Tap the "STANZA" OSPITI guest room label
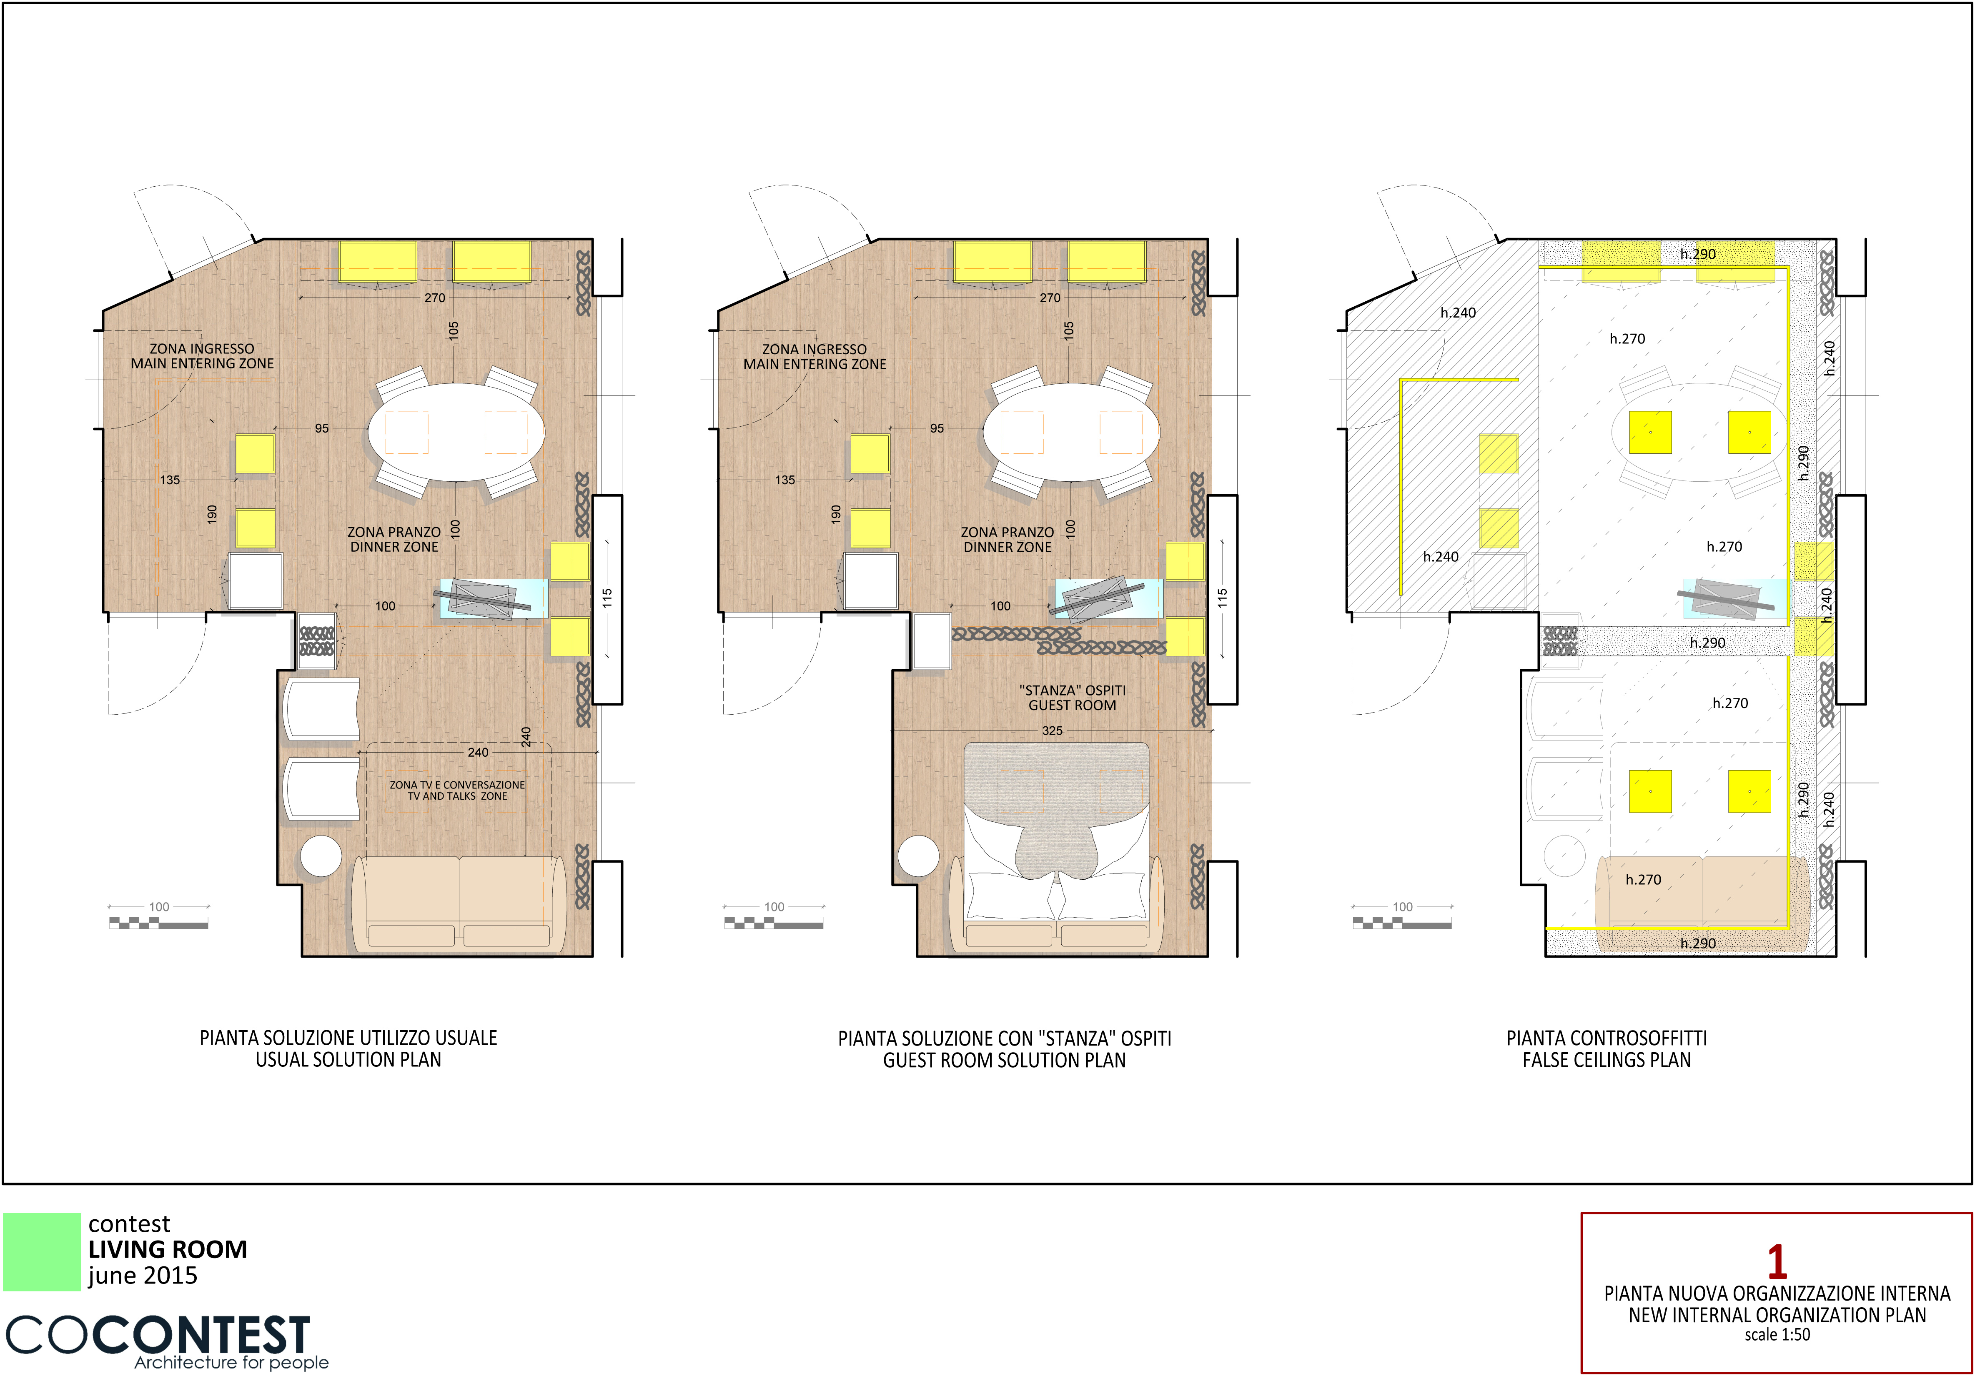tap(1072, 698)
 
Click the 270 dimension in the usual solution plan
tap(434, 298)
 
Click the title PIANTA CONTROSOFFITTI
tap(1606, 1038)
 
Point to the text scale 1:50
tap(1777, 1335)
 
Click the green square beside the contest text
tap(41, 1251)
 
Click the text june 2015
tap(143, 1276)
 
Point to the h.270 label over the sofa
tap(1643, 880)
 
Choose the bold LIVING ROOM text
tap(168, 1250)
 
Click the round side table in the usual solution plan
tap(321, 856)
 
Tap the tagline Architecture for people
tap(231, 1362)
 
